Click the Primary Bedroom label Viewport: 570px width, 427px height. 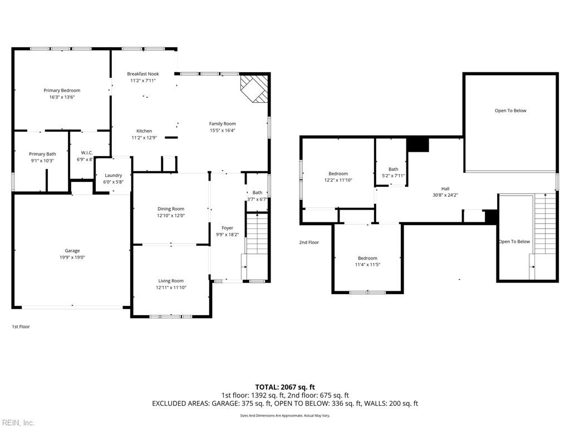(x=62, y=91)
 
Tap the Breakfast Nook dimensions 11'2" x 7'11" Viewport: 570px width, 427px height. (x=143, y=81)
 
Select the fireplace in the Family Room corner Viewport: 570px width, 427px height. (x=254, y=88)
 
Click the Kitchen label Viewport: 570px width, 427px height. (x=144, y=131)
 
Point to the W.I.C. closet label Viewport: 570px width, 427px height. (x=87, y=153)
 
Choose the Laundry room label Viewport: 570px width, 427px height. (x=114, y=175)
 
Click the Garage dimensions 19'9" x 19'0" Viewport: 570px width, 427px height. (x=72, y=257)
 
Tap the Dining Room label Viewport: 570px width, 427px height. (x=171, y=209)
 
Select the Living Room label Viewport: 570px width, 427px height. (x=171, y=281)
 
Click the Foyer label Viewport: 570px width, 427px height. (x=227, y=228)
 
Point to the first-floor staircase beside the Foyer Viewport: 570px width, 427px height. (x=257, y=234)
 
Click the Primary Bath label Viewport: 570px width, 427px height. (x=42, y=154)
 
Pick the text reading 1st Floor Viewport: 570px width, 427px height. (x=21, y=327)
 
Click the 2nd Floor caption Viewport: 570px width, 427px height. (x=309, y=242)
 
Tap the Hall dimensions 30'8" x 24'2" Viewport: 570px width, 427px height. (x=445, y=195)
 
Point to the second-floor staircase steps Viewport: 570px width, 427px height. (x=545, y=224)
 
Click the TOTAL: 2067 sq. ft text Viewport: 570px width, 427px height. (x=285, y=387)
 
